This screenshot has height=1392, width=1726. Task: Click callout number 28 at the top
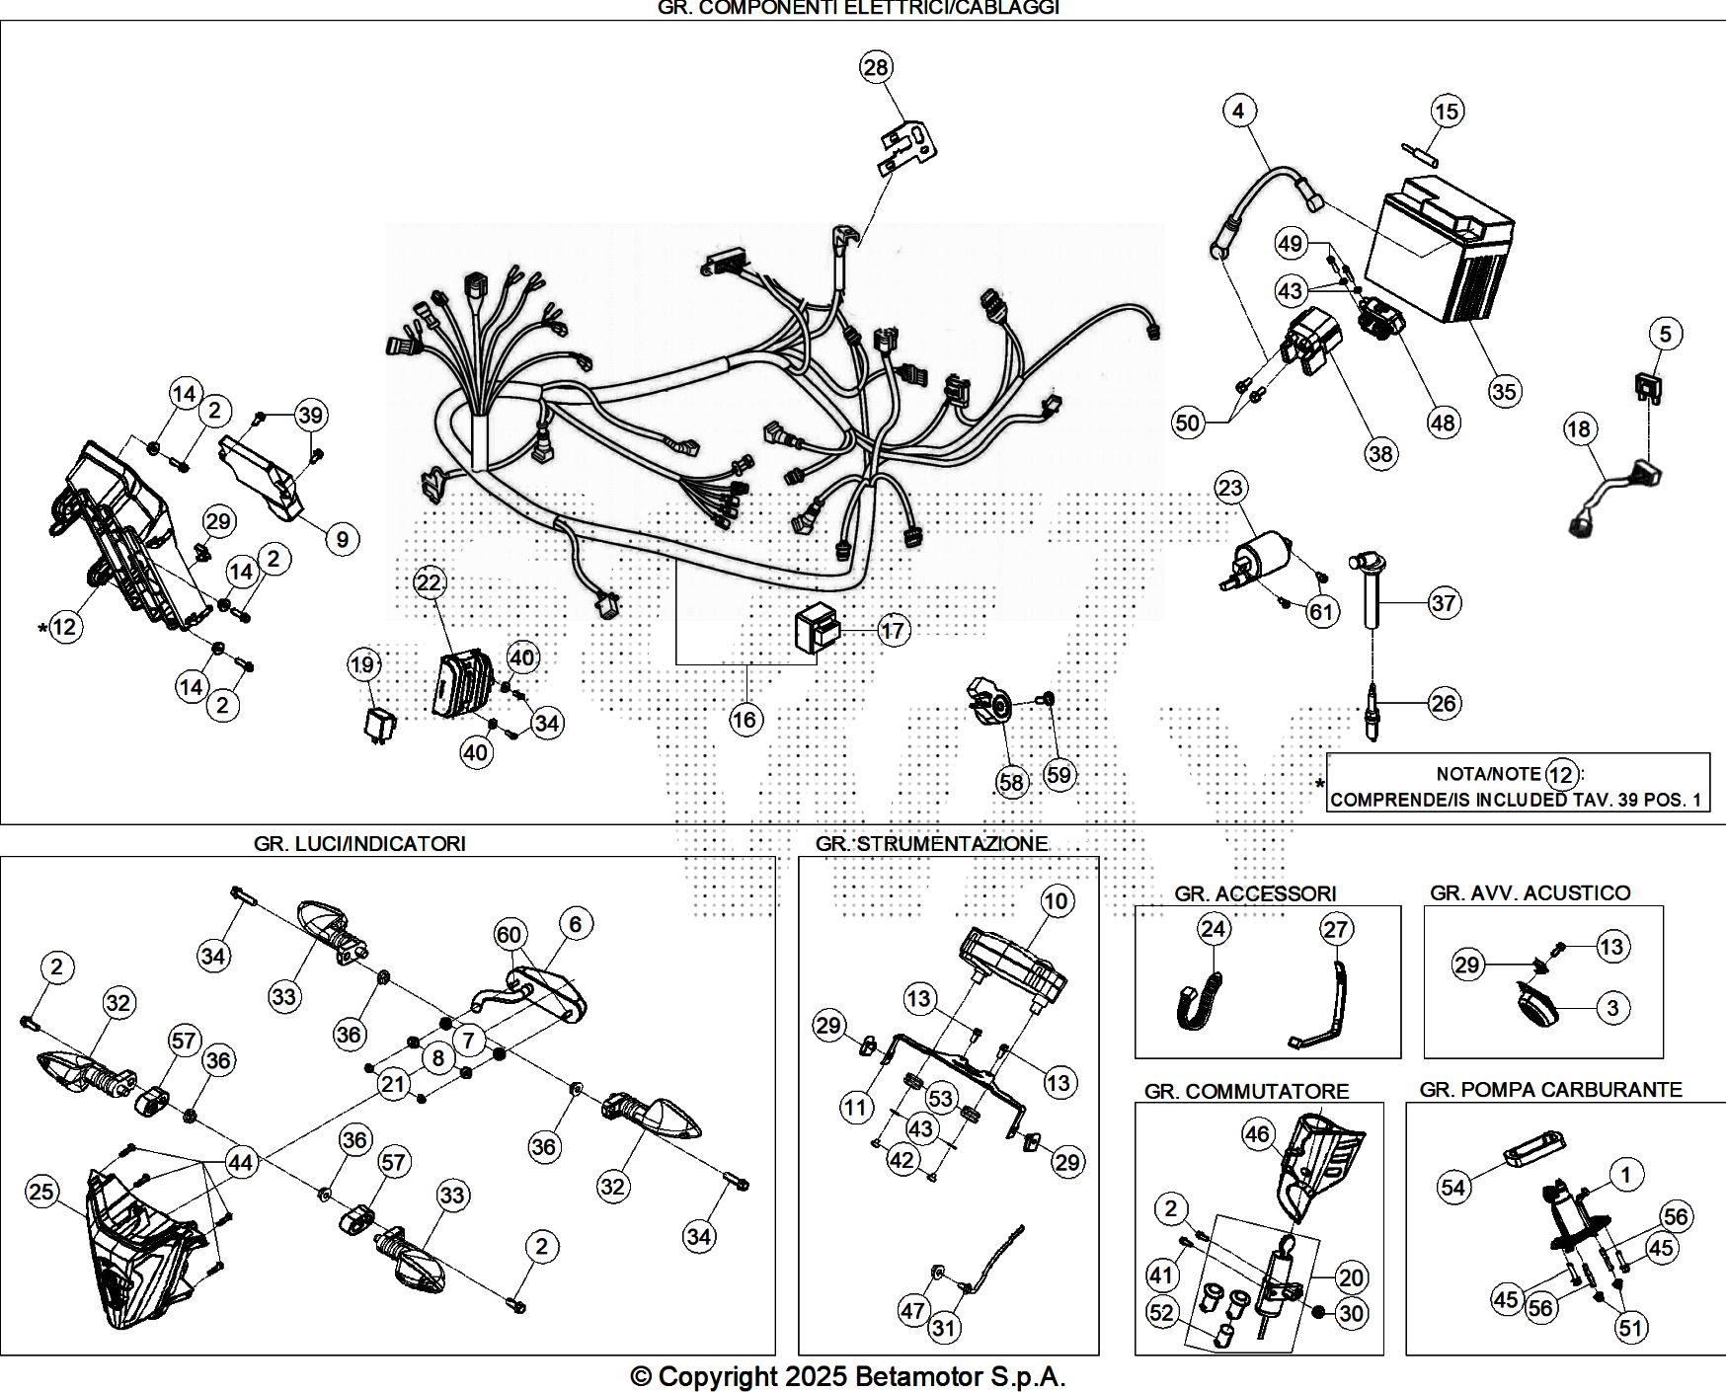pos(876,67)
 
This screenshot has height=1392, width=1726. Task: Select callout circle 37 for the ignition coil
pos(1444,602)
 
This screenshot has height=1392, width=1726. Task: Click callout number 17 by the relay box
pos(893,630)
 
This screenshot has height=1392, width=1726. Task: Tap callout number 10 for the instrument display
pos(1057,900)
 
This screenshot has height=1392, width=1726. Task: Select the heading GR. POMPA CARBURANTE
pos(1550,1089)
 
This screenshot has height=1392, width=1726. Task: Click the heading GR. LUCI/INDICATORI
pos(359,843)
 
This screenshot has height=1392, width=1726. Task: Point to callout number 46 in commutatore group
pos(1257,1135)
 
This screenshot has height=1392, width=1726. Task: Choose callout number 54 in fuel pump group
pos(1453,1187)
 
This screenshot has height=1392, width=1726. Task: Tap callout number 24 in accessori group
pos(1214,929)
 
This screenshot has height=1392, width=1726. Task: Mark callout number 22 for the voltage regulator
pos(429,582)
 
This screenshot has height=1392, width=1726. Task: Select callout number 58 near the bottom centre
pos(1012,782)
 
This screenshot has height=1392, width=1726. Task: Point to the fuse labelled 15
pos(1420,154)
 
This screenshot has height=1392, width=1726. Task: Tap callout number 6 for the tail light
pos(576,924)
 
